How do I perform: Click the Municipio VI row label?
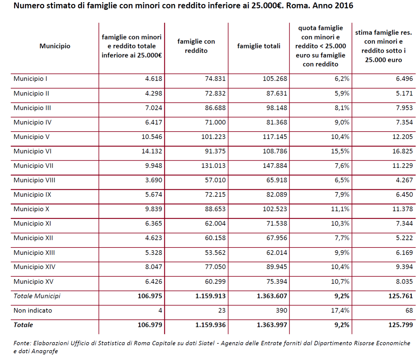point(33,151)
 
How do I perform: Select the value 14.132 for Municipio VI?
point(152,151)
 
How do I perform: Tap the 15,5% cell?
point(340,151)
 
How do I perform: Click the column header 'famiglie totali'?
point(259,46)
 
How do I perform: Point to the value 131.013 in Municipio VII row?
point(213,166)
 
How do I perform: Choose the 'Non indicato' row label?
point(33,310)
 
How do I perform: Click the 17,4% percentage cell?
point(340,310)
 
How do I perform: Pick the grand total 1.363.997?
point(272,325)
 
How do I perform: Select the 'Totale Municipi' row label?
point(37,296)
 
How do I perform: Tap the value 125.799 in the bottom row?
point(401,325)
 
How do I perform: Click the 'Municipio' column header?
point(55,46)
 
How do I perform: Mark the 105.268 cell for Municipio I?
point(275,79)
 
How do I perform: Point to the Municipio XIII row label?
point(34,253)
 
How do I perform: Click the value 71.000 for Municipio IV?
point(215,122)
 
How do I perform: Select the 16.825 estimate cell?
point(402,151)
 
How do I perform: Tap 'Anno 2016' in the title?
point(333,6)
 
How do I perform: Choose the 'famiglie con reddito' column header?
point(196,46)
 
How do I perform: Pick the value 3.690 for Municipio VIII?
point(154,180)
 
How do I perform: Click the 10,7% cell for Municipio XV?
point(340,281)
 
